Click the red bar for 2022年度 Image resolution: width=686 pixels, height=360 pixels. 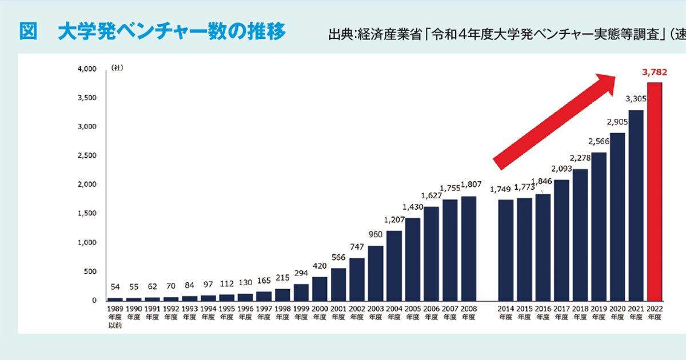pyautogui.click(x=655, y=192)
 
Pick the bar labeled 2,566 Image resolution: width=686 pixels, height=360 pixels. pyautogui.click(x=599, y=226)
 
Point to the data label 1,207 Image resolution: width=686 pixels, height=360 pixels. pyautogui.click(x=393, y=220)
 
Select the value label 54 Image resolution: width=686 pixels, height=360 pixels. pyautogui.click(x=115, y=287)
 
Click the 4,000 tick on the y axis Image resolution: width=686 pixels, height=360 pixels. pyautogui.click(x=87, y=69)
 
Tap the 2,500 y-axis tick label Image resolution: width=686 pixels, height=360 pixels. pyautogui.click(x=87, y=156)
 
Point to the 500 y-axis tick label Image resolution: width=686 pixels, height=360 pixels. pyautogui.click(x=90, y=271)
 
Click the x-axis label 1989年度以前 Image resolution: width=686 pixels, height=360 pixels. pyautogui.click(x=115, y=318)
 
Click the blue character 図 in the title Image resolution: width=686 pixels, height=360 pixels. pyautogui.click(x=28, y=32)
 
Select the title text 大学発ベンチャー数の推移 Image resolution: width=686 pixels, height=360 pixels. pyautogui.click(x=171, y=32)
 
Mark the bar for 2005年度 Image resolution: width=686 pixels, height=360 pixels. pyautogui.click(x=413, y=259)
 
